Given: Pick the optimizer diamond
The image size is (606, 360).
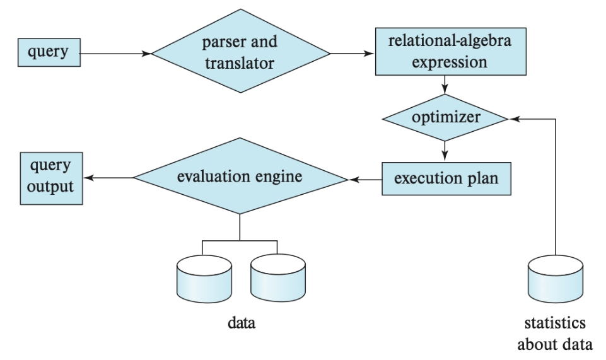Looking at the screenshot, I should (446, 117).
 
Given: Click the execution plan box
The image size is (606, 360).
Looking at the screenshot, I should (446, 178).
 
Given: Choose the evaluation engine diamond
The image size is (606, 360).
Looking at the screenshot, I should (240, 178).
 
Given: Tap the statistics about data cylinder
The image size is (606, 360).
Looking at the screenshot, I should (554, 279).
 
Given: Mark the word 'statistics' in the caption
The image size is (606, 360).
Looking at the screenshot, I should (555, 324).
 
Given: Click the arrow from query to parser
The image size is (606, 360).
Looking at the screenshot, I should (117, 54).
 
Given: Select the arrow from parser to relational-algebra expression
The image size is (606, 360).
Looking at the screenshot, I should (352, 54).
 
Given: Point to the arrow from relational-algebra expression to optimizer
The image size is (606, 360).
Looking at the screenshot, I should (446, 84).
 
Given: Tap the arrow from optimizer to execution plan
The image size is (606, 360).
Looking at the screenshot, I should (446, 149).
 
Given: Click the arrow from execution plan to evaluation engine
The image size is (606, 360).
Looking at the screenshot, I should (364, 179).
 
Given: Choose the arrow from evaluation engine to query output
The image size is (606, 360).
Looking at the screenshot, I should (108, 178).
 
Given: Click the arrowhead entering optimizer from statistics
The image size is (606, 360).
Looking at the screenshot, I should (514, 117).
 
